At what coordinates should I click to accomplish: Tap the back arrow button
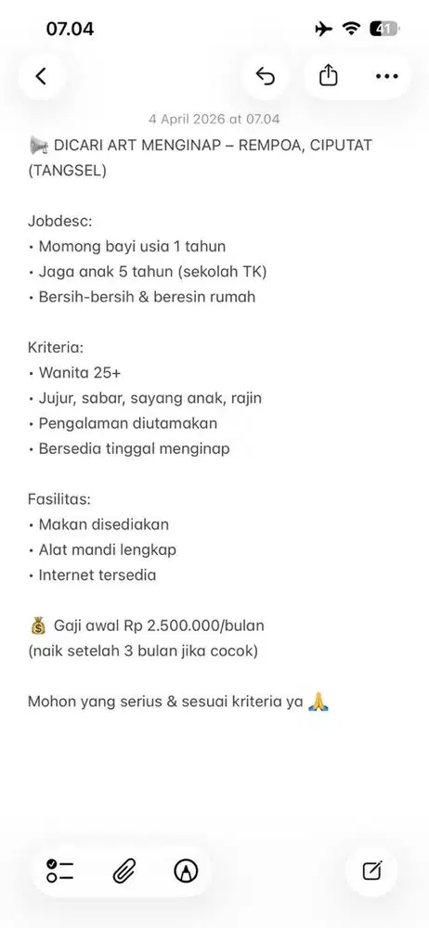coord(41,77)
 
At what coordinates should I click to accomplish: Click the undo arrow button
coord(266,77)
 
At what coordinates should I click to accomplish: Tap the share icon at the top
coord(329,77)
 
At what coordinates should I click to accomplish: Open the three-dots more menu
coord(386,77)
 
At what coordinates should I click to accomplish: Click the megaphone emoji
coord(38,145)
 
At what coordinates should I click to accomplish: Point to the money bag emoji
coord(37,625)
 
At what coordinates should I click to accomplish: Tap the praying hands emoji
coord(319,702)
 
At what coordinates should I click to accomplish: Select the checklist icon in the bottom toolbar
coord(60,870)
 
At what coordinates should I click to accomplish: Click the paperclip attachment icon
coord(123,870)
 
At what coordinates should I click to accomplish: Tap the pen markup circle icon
coord(186,870)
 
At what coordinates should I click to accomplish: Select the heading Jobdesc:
coord(60,221)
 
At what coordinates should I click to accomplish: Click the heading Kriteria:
coord(56,347)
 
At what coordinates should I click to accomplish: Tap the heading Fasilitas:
coord(58,499)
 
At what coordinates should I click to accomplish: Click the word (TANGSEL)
coord(67,170)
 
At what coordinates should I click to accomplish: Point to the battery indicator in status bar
coord(383,29)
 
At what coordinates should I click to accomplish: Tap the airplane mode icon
coord(324,29)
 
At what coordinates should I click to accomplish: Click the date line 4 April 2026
coord(214,119)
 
